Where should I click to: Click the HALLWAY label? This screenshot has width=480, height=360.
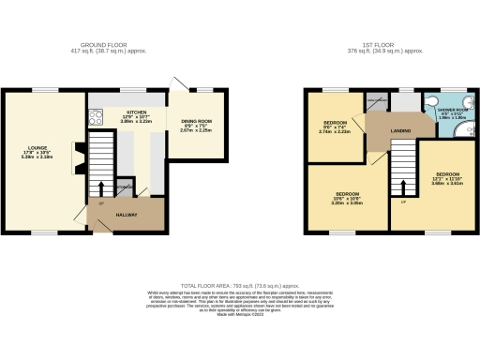point(128,215)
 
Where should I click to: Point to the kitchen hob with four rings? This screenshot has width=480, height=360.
point(96,118)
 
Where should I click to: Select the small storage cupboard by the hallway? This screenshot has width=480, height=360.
point(124,187)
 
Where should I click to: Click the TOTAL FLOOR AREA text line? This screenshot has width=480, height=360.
point(240,284)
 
